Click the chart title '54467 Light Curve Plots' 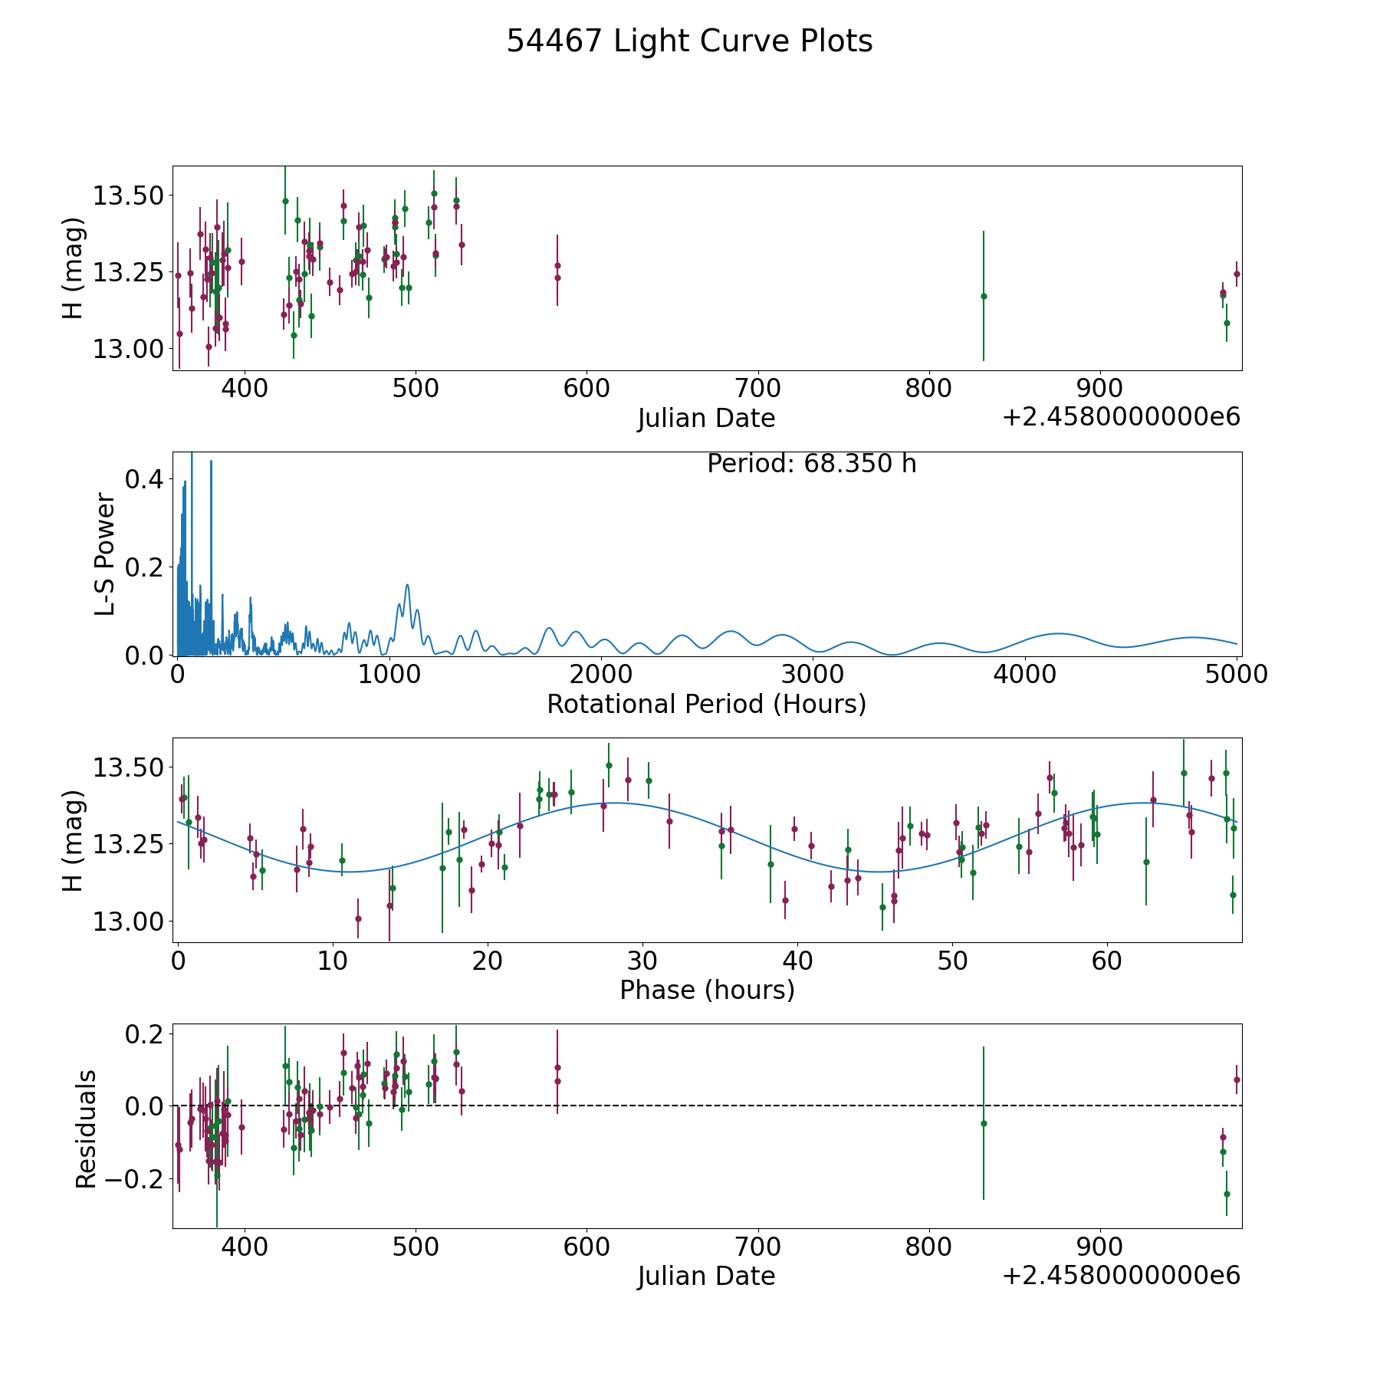pyautogui.click(x=689, y=41)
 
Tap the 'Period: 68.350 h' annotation pyautogui.click(x=811, y=464)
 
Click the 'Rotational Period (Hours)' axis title pyautogui.click(x=706, y=704)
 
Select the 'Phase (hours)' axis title pyautogui.click(x=707, y=990)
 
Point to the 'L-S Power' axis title pyautogui.click(x=105, y=554)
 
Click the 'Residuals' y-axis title pyautogui.click(x=86, y=1129)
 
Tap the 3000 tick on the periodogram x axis pyautogui.click(x=813, y=675)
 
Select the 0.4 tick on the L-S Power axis pyautogui.click(x=144, y=479)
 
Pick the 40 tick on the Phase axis pyautogui.click(x=797, y=961)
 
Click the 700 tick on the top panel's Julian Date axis pyautogui.click(x=757, y=389)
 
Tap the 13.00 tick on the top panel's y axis pyautogui.click(x=128, y=349)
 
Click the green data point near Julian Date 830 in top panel pyautogui.click(x=984, y=296)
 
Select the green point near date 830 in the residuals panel pyautogui.click(x=984, y=1123)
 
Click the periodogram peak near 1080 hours pyautogui.click(x=407, y=585)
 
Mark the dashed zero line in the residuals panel pyautogui.click(x=707, y=1106)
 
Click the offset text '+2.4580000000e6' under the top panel pyautogui.click(x=1121, y=417)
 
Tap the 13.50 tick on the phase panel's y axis pyautogui.click(x=128, y=767)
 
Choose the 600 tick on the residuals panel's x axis pyautogui.click(x=586, y=1247)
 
